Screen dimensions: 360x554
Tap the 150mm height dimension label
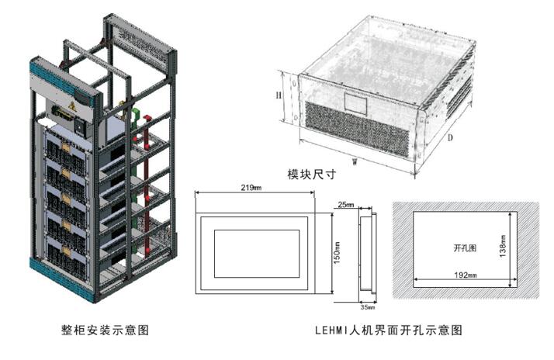(337, 254)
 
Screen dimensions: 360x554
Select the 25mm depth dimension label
(346, 205)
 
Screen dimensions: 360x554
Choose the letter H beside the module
(278, 95)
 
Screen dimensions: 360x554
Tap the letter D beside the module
(450, 137)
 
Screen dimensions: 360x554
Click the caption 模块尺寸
(310, 175)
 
